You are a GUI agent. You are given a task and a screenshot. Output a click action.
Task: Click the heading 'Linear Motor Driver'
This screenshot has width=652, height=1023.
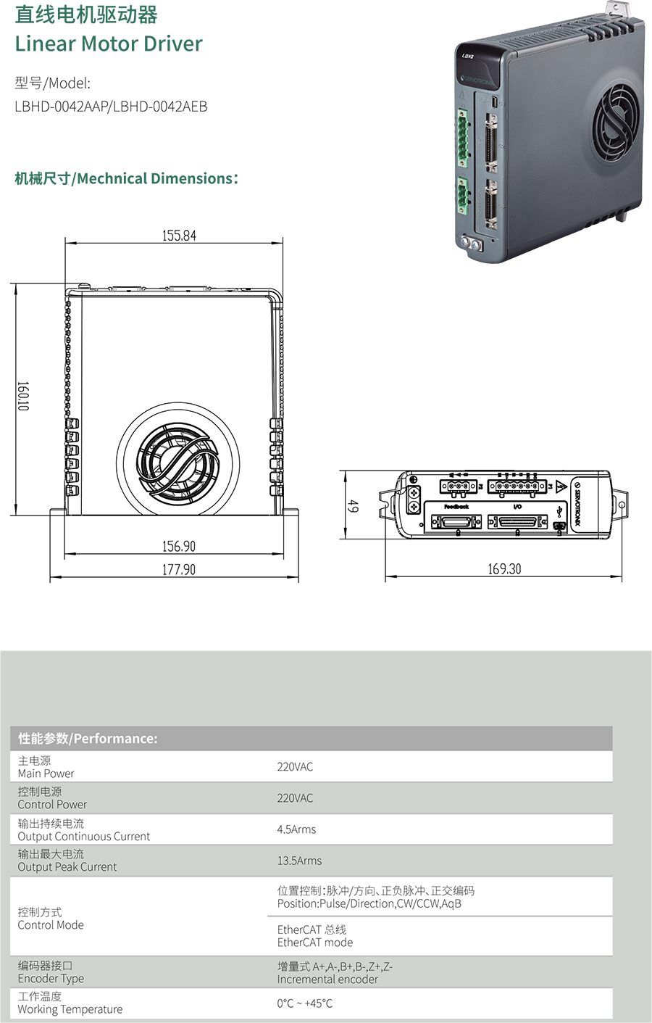(x=109, y=44)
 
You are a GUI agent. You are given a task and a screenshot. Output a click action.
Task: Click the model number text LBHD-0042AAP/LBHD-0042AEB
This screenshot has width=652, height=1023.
(x=112, y=107)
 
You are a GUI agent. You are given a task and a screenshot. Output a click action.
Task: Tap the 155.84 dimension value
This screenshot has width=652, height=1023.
(x=180, y=236)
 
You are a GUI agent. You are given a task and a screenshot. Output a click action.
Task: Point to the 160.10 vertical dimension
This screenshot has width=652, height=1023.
(x=23, y=396)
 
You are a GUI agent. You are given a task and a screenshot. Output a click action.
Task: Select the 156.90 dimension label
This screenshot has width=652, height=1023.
(x=179, y=546)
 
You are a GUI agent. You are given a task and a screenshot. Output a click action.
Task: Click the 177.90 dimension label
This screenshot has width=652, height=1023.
(x=179, y=569)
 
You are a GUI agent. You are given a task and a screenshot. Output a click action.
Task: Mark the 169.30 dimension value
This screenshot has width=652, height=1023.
(x=505, y=569)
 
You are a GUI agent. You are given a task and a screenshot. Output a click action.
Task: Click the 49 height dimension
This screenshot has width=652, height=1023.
(x=353, y=506)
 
